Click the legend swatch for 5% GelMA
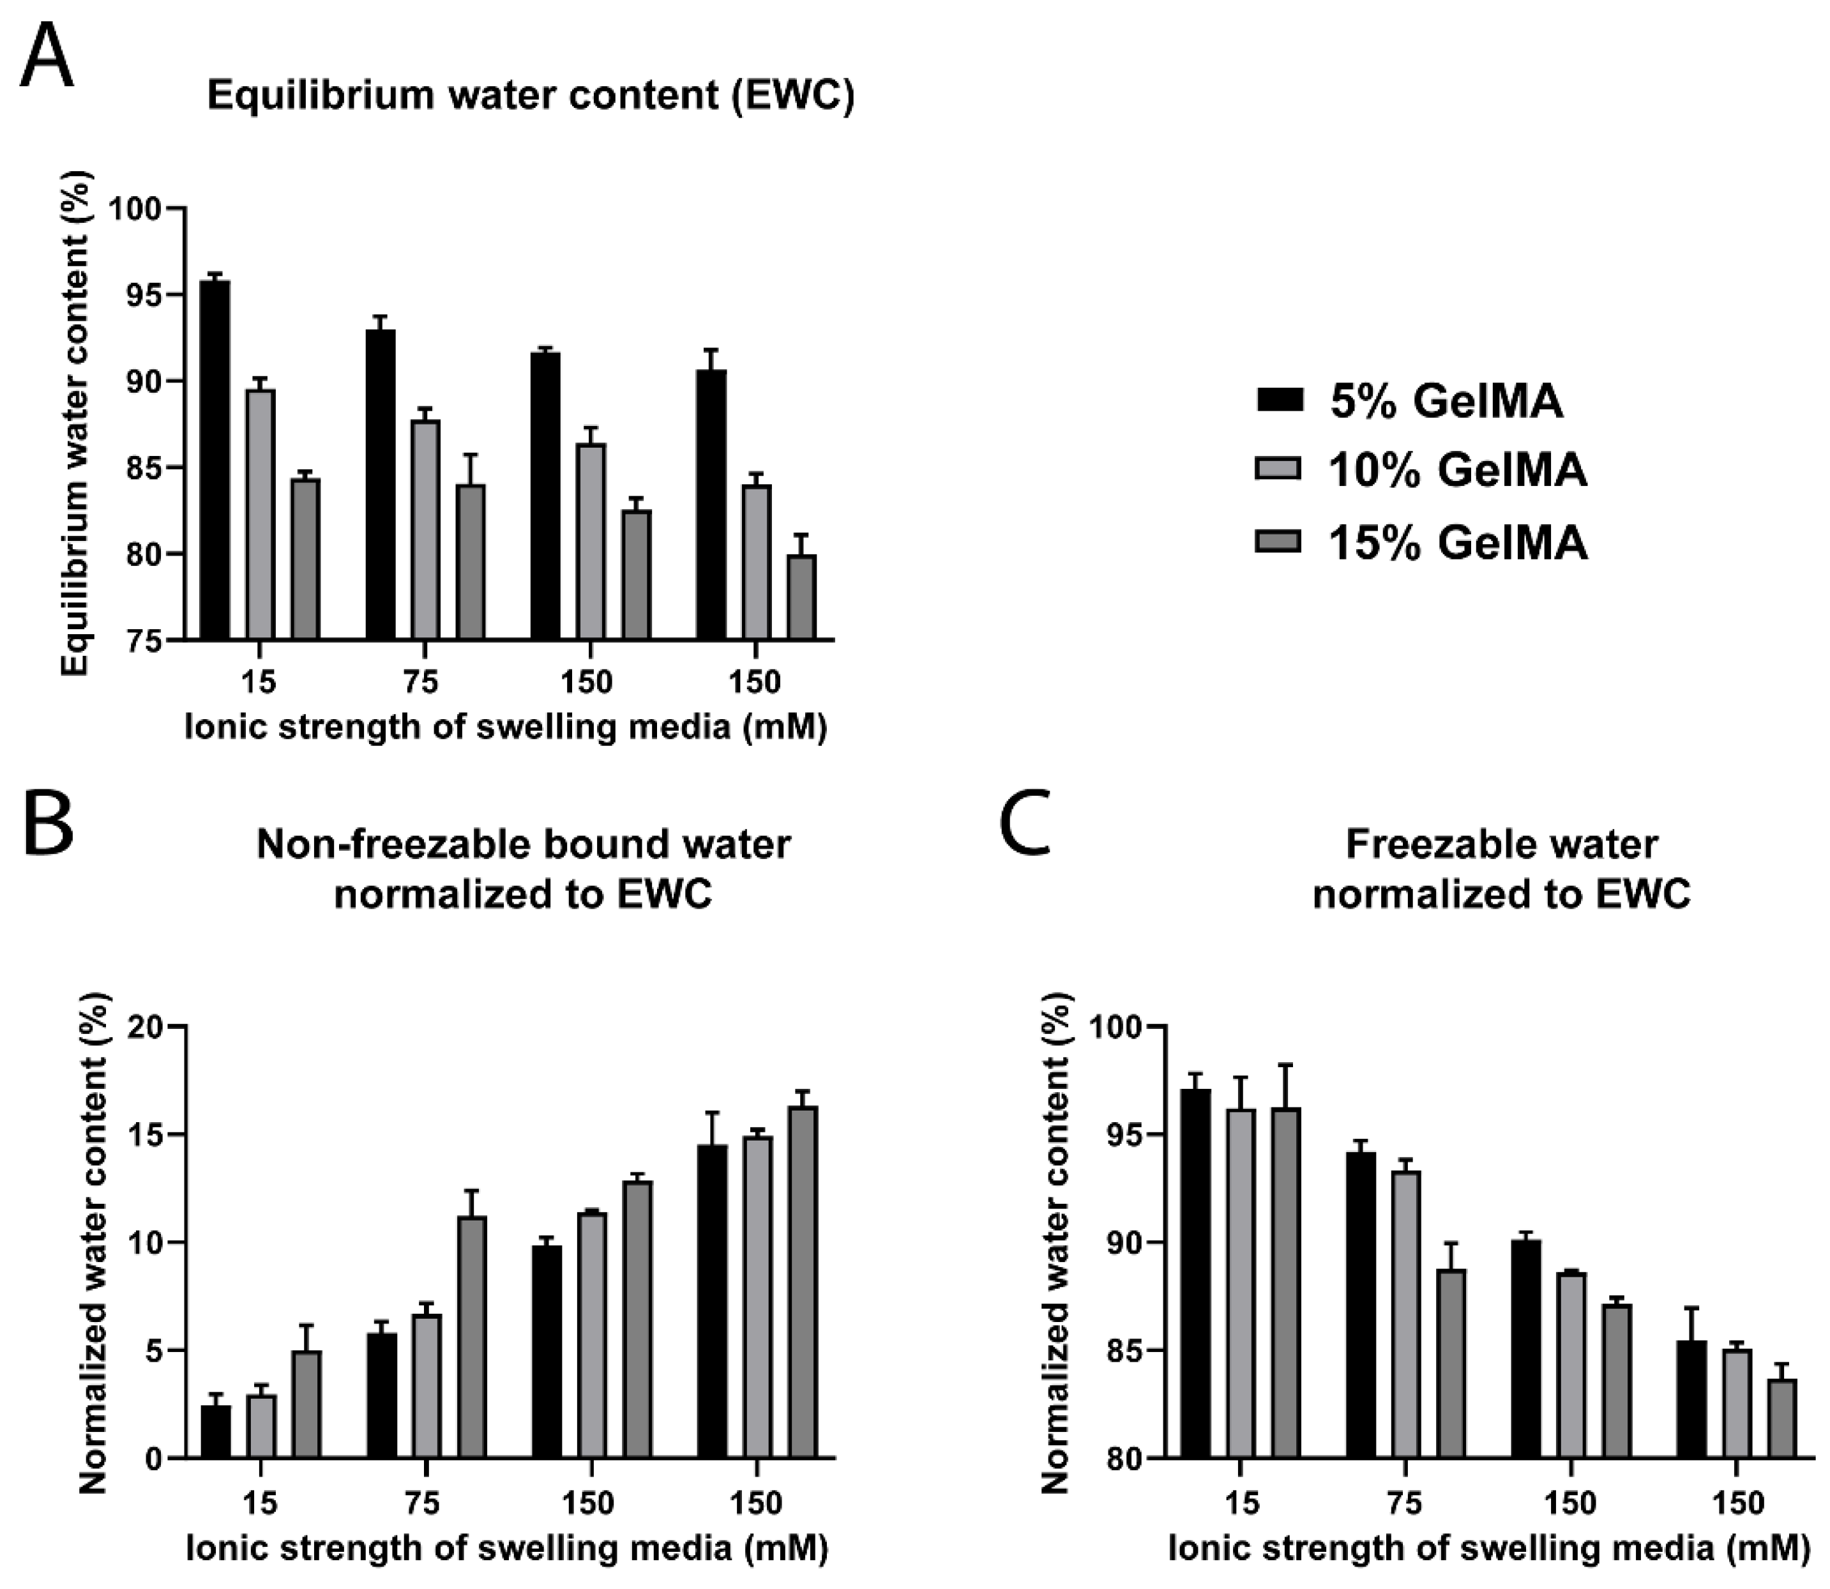(1280, 400)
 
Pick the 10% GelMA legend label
(1456, 470)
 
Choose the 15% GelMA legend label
(1456, 542)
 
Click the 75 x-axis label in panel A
(421, 682)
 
